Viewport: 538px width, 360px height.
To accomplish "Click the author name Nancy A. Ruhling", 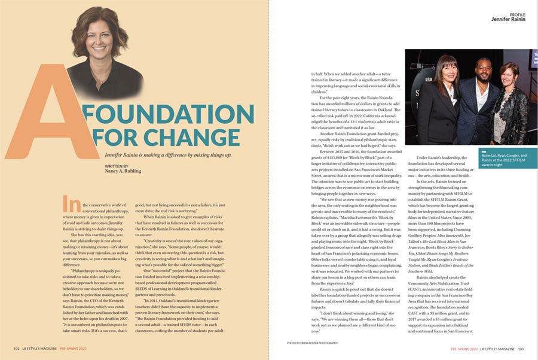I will pos(123,171).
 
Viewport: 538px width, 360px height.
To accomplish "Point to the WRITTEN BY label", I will pos(116,165).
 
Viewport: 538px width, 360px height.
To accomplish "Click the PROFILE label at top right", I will pos(518,14).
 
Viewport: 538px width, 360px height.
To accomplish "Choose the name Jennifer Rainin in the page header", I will pos(509,19).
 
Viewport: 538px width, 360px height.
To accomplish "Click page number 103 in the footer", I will pos(521,347).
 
